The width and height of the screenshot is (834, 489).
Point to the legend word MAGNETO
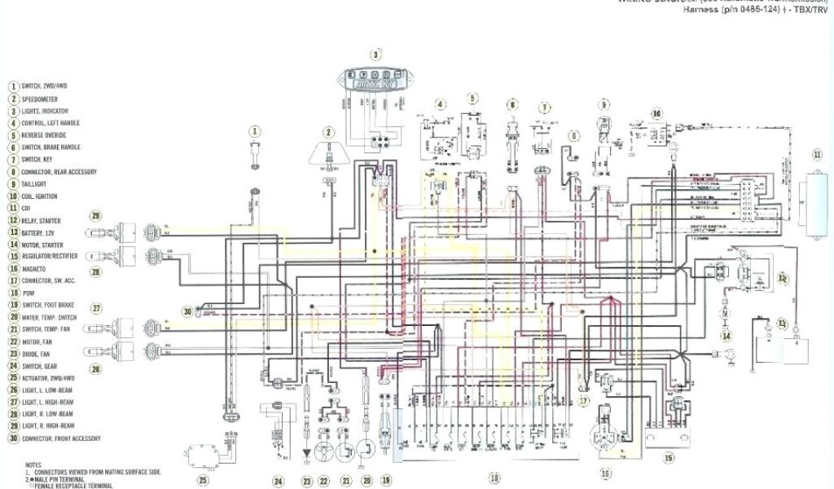click(x=34, y=269)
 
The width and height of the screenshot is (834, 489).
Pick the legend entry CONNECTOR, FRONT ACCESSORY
click(x=62, y=438)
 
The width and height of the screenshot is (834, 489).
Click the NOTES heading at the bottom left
click(x=33, y=465)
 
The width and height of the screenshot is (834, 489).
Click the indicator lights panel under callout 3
click(x=375, y=81)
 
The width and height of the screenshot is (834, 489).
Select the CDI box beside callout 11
click(x=814, y=198)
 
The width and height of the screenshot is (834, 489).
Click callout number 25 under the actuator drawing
click(x=203, y=480)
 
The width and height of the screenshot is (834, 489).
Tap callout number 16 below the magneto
click(x=605, y=473)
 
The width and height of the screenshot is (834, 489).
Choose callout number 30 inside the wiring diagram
click(x=188, y=311)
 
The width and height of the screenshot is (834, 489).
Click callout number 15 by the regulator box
click(x=669, y=458)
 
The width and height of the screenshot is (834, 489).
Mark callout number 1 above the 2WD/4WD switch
click(x=255, y=130)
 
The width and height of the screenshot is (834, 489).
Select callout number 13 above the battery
click(x=782, y=324)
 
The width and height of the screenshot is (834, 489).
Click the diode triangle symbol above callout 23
click(x=307, y=451)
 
